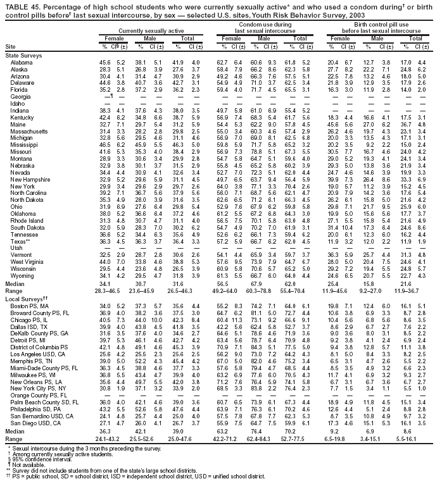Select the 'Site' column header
click(x=10, y=47)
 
